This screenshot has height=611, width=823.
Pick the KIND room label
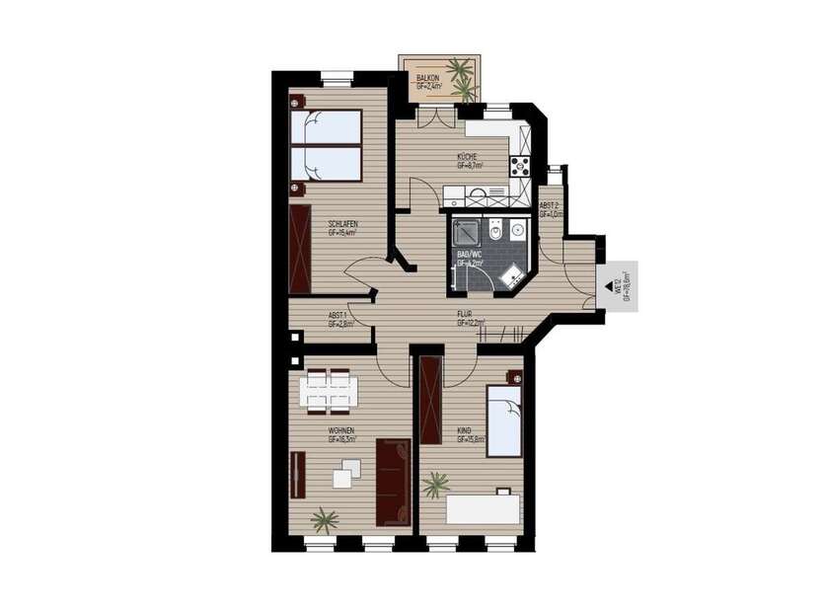[x=465, y=430]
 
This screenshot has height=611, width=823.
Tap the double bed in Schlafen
[x=325, y=145]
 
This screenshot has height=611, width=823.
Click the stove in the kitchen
[x=520, y=165]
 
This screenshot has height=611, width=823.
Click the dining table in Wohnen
[x=330, y=390]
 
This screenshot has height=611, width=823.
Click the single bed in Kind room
[x=504, y=422]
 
